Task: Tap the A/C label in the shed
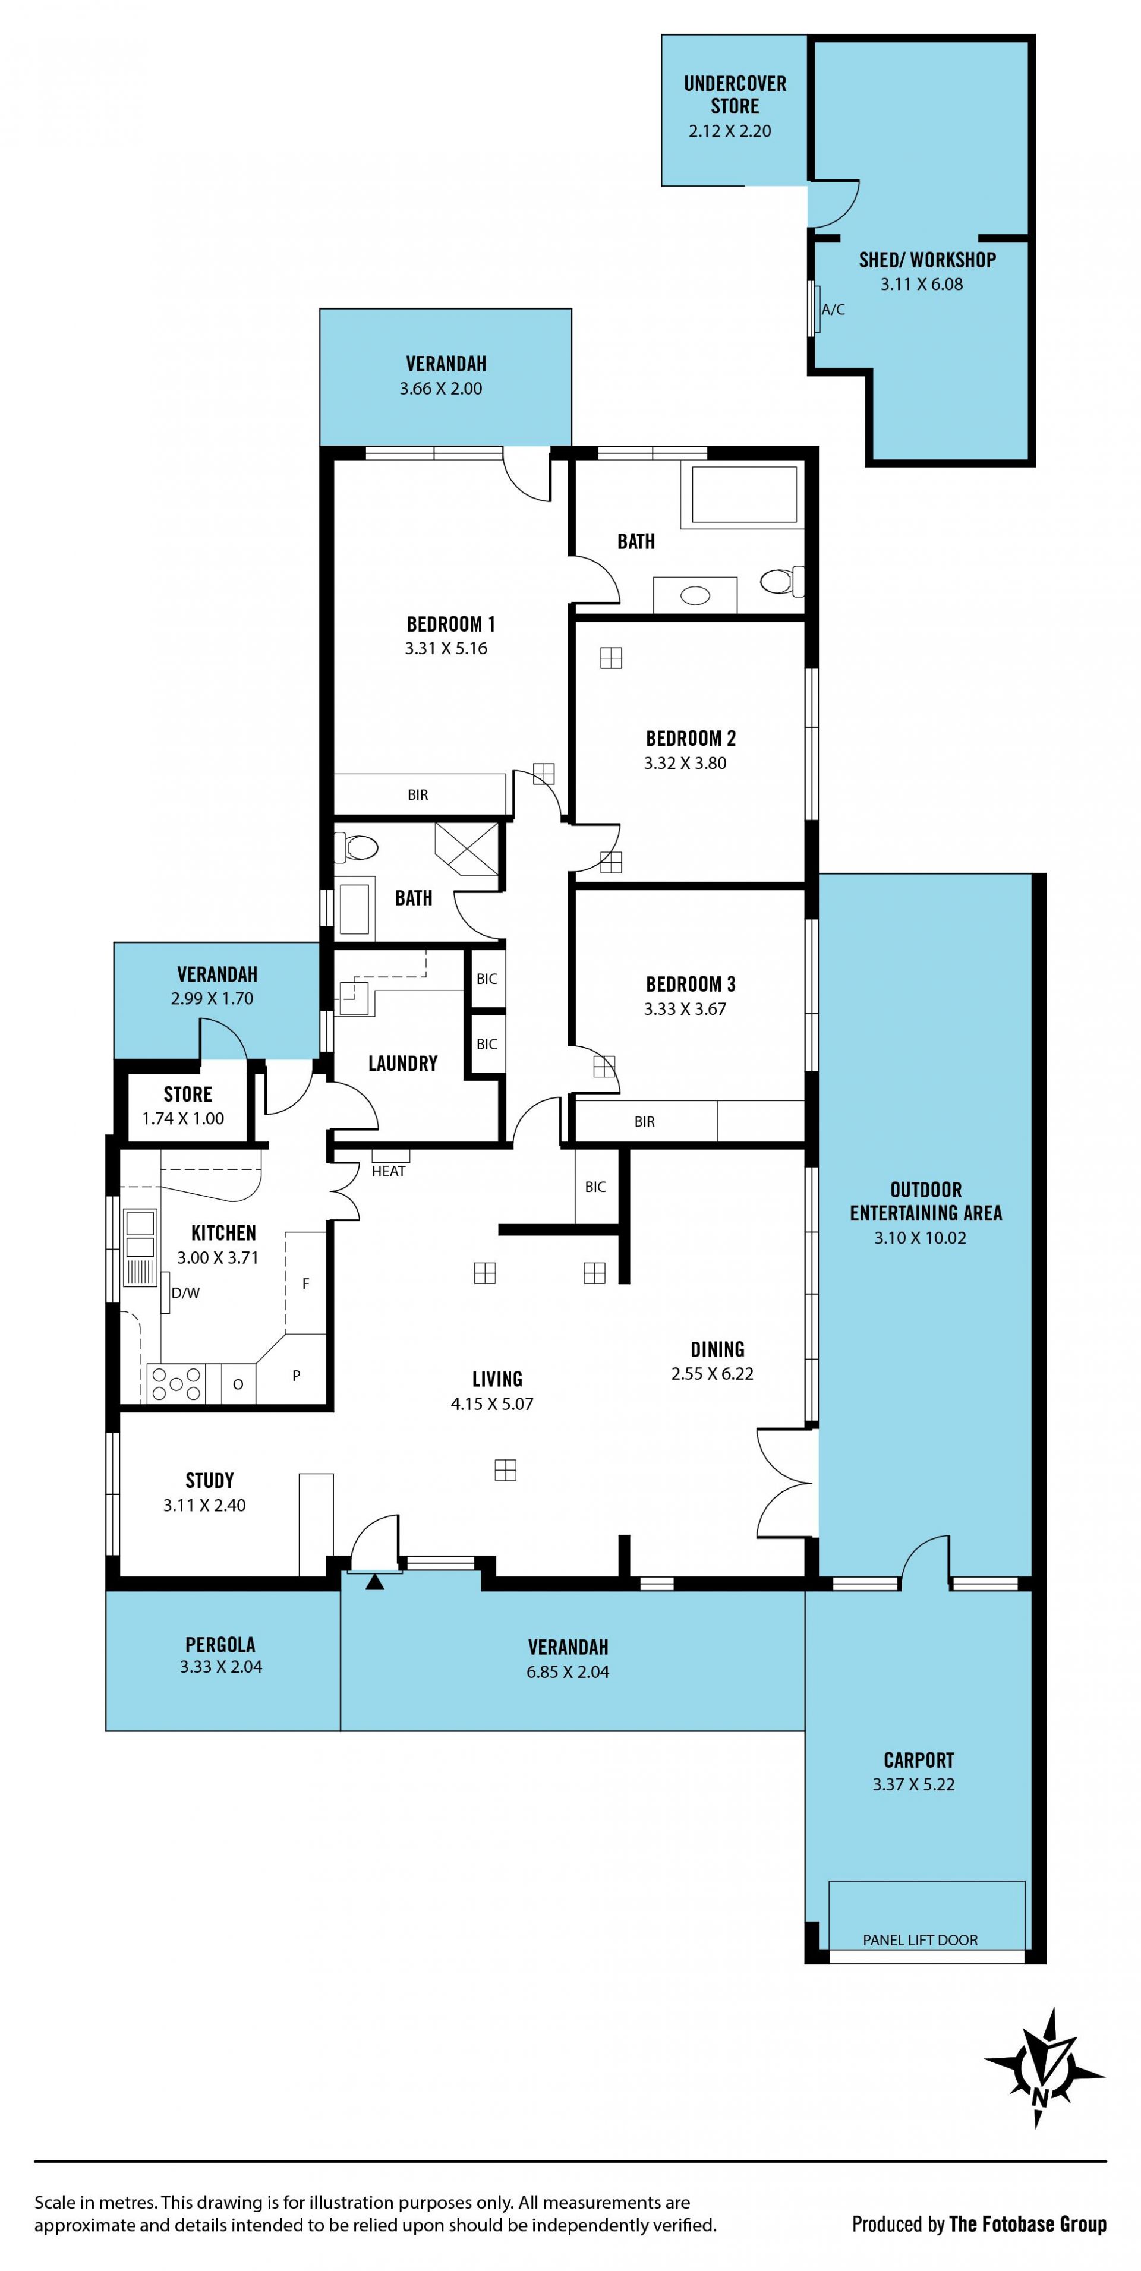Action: pos(833,310)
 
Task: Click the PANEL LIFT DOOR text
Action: pos(920,1939)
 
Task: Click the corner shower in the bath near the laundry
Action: pos(467,849)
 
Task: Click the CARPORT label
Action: pos(919,1759)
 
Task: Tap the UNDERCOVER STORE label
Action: pos(735,94)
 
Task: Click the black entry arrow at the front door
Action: pos(375,1582)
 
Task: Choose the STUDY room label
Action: pos(209,1480)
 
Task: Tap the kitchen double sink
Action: pos(139,1234)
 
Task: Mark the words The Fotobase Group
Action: pos(1027,2223)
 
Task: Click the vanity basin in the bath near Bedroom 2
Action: pos(695,596)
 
